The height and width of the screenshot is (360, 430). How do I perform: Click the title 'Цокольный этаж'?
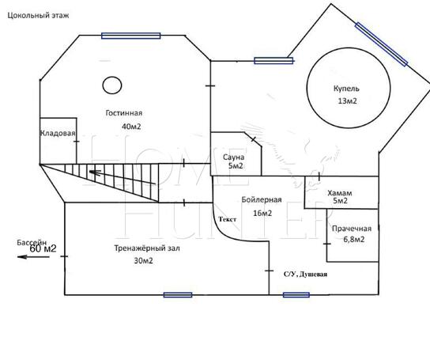[38, 15]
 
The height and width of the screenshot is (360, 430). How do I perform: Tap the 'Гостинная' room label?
[124, 113]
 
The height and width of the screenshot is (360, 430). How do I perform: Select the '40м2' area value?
[131, 127]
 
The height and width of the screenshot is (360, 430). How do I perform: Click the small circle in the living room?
[112, 85]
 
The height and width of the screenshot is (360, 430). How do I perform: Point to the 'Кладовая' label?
[58, 133]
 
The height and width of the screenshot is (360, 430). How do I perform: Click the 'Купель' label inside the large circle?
[346, 89]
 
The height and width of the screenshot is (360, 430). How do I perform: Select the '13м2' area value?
[348, 100]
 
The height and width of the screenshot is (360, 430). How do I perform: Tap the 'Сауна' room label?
[233, 157]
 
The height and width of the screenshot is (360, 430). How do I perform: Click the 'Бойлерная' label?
[262, 199]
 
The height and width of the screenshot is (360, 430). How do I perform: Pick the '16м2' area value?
[262, 213]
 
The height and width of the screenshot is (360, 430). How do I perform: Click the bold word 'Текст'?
[228, 219]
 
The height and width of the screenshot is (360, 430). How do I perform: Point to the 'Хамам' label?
[340, 193]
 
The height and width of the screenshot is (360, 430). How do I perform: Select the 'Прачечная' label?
[352, 229]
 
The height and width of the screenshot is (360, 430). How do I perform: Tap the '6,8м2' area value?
[354, 240]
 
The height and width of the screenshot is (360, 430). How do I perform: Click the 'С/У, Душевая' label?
[305, 274]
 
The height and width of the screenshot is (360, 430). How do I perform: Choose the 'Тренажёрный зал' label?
[147, 248]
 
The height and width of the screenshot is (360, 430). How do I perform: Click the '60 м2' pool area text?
[43, 248]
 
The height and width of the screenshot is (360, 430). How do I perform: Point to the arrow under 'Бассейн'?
[33, 257]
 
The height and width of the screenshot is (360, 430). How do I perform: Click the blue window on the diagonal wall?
[381, 44]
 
